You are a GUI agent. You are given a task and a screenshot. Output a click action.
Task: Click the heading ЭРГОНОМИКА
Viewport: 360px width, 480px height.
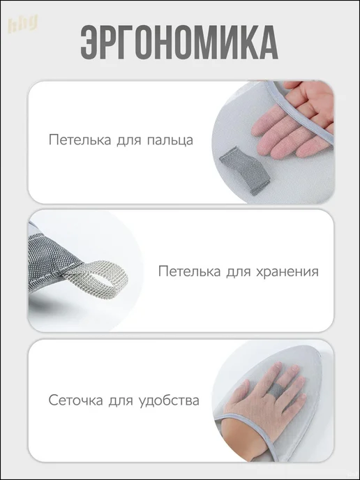coord(179,42)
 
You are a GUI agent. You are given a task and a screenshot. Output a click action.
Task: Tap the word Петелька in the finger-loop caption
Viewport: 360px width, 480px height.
coord(80,140)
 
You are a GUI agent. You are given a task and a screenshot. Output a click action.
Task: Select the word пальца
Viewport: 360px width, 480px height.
coord(170,140)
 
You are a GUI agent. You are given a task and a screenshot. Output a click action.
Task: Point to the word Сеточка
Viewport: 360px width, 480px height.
coord(75,400)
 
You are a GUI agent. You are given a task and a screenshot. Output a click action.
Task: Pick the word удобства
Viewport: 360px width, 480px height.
coord(169,400)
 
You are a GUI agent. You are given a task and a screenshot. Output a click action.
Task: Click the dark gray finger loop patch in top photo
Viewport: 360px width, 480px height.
coord(245,170)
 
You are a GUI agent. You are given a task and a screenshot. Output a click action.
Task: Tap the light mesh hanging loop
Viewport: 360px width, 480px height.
coord(98,276)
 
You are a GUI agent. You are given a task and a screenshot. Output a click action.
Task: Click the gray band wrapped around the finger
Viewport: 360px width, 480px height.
coord(276,390)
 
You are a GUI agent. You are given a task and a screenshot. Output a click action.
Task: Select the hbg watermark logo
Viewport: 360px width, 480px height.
coord(22,24)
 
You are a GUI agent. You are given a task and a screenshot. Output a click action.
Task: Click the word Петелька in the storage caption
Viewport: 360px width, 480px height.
coord(189,271)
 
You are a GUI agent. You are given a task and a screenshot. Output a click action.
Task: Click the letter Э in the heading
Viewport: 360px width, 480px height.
coord(89,43)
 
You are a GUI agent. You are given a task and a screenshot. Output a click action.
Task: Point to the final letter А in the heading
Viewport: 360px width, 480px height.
coord(269,43)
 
